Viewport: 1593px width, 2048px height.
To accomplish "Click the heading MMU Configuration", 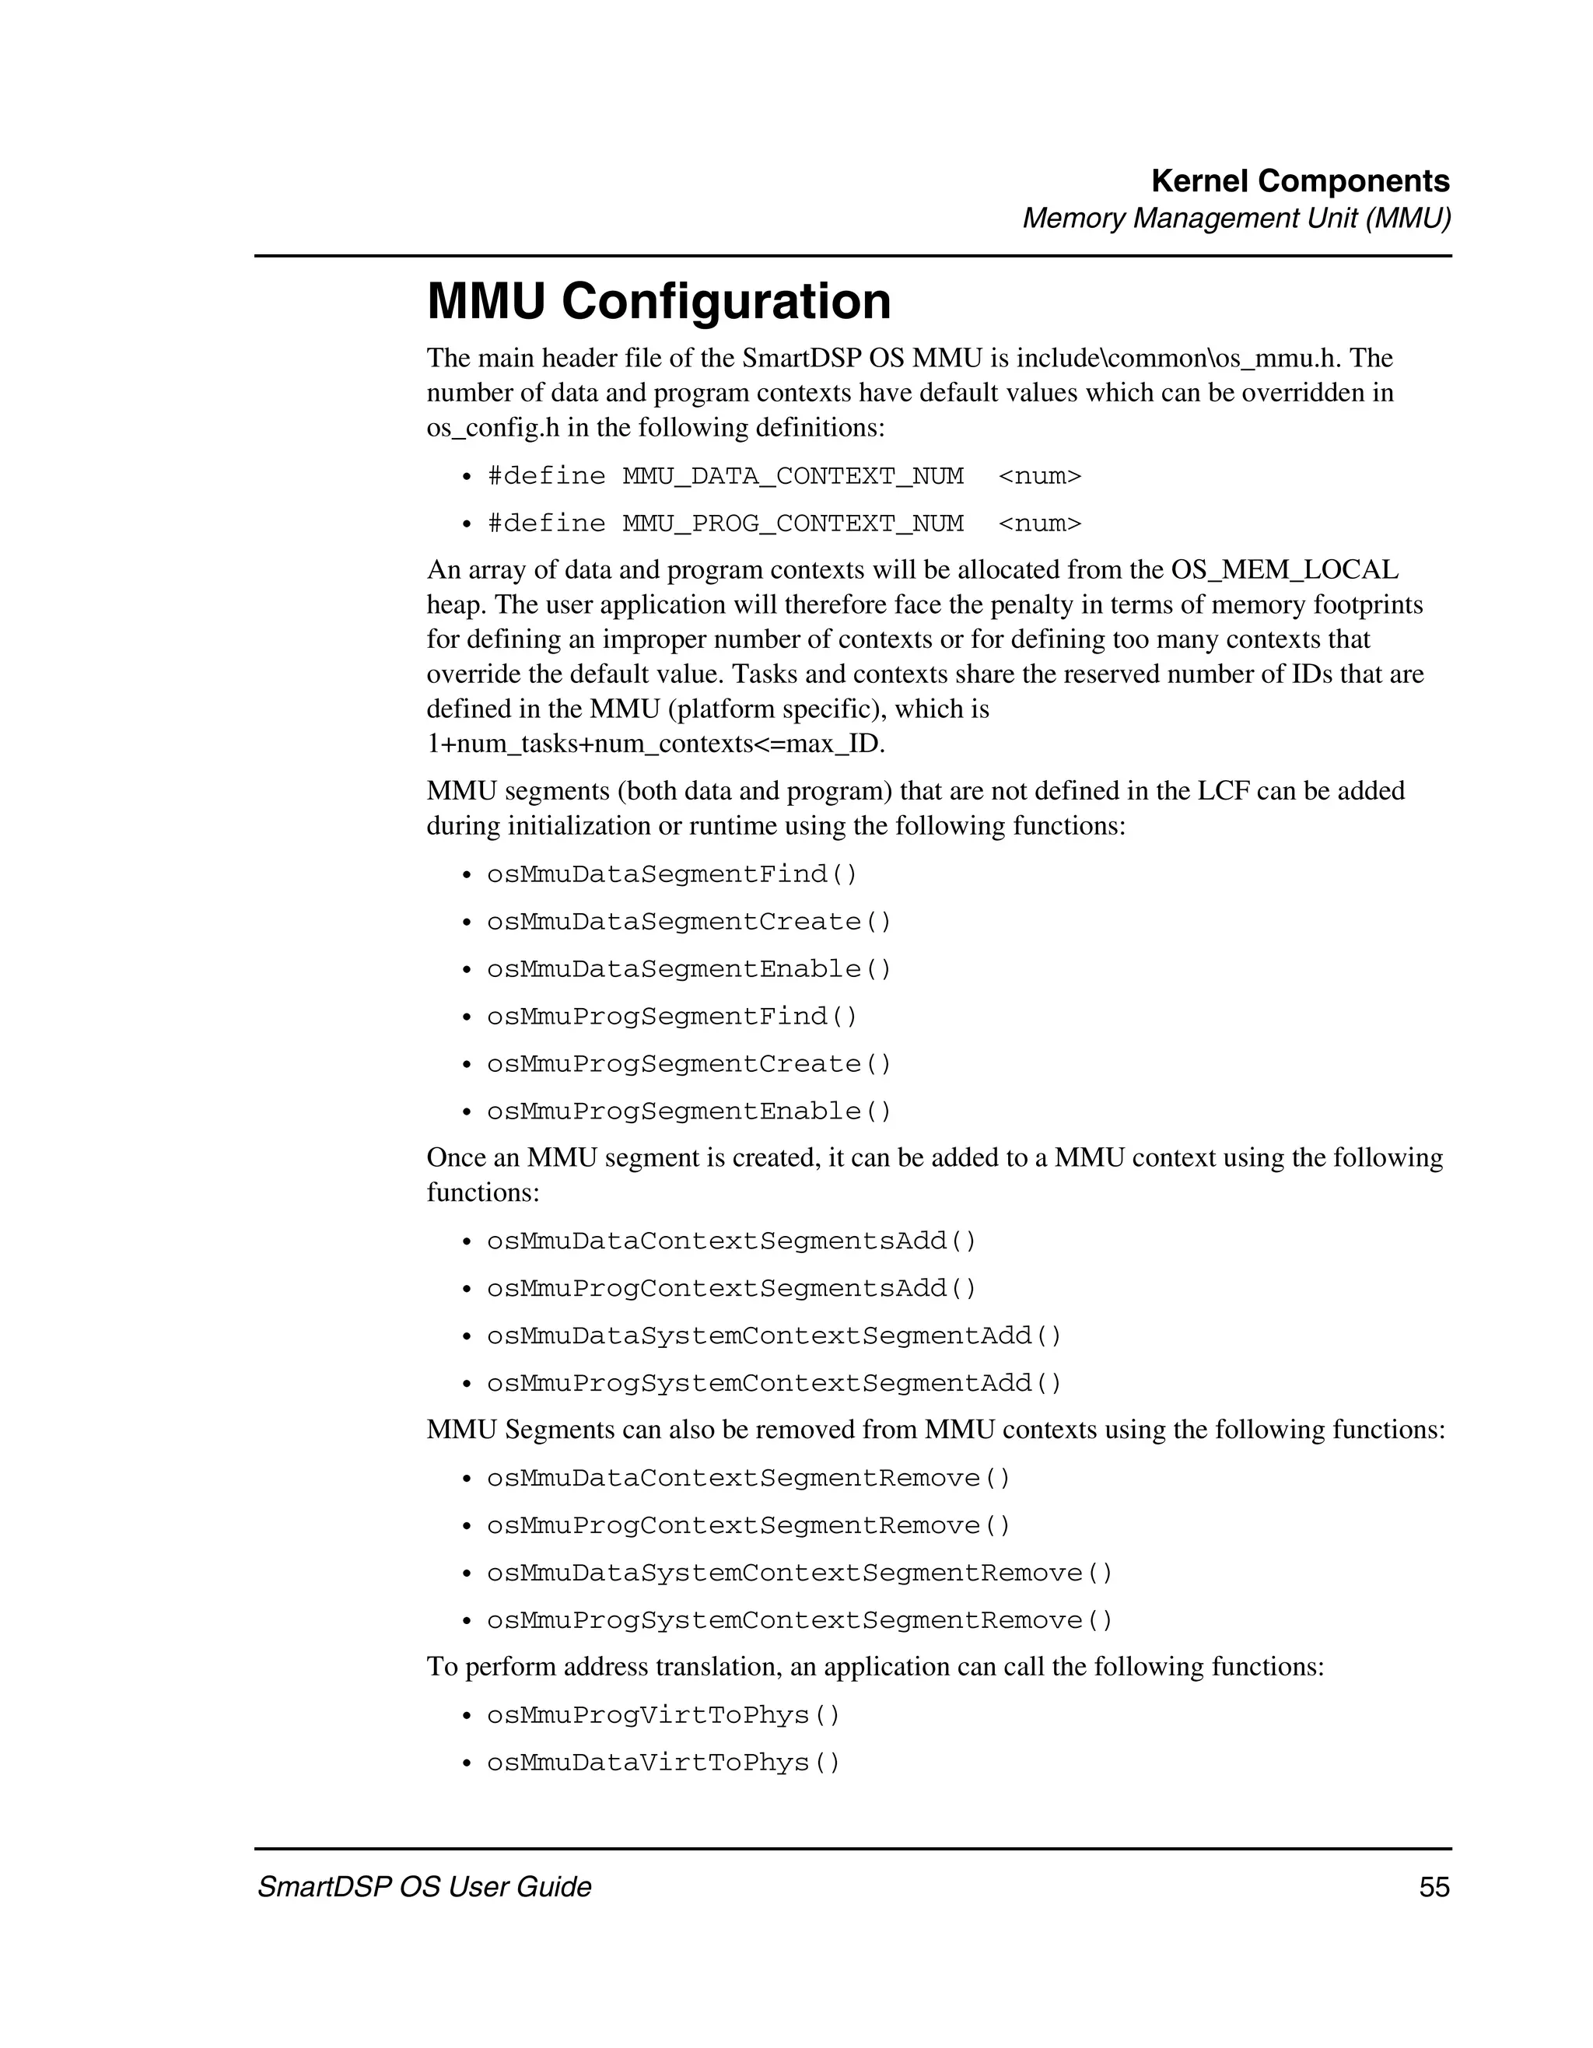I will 658,302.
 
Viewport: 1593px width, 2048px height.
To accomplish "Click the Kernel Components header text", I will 1300,181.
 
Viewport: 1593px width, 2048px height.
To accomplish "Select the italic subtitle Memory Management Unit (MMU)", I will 1236,219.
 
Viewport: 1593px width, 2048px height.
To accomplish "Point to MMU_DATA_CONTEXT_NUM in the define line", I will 793,476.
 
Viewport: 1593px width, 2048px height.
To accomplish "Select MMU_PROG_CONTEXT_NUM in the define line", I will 793,523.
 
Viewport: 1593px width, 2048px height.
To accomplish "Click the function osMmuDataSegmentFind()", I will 671,874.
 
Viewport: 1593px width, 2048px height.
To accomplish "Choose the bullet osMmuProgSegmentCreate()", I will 688,1063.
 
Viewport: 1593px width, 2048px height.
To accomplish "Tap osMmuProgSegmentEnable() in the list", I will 688,1112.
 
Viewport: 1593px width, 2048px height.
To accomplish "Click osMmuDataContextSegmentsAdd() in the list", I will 730,1241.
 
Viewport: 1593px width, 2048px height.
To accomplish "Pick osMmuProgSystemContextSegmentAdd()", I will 773,1383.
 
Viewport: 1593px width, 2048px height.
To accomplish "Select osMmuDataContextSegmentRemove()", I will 748,1478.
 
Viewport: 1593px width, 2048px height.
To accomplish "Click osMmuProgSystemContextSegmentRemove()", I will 799,1620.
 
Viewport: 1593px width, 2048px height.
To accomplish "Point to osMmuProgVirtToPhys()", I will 663,1715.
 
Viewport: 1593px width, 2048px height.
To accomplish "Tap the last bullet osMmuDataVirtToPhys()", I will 663,1763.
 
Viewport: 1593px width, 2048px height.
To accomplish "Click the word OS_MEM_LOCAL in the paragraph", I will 1284,570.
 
